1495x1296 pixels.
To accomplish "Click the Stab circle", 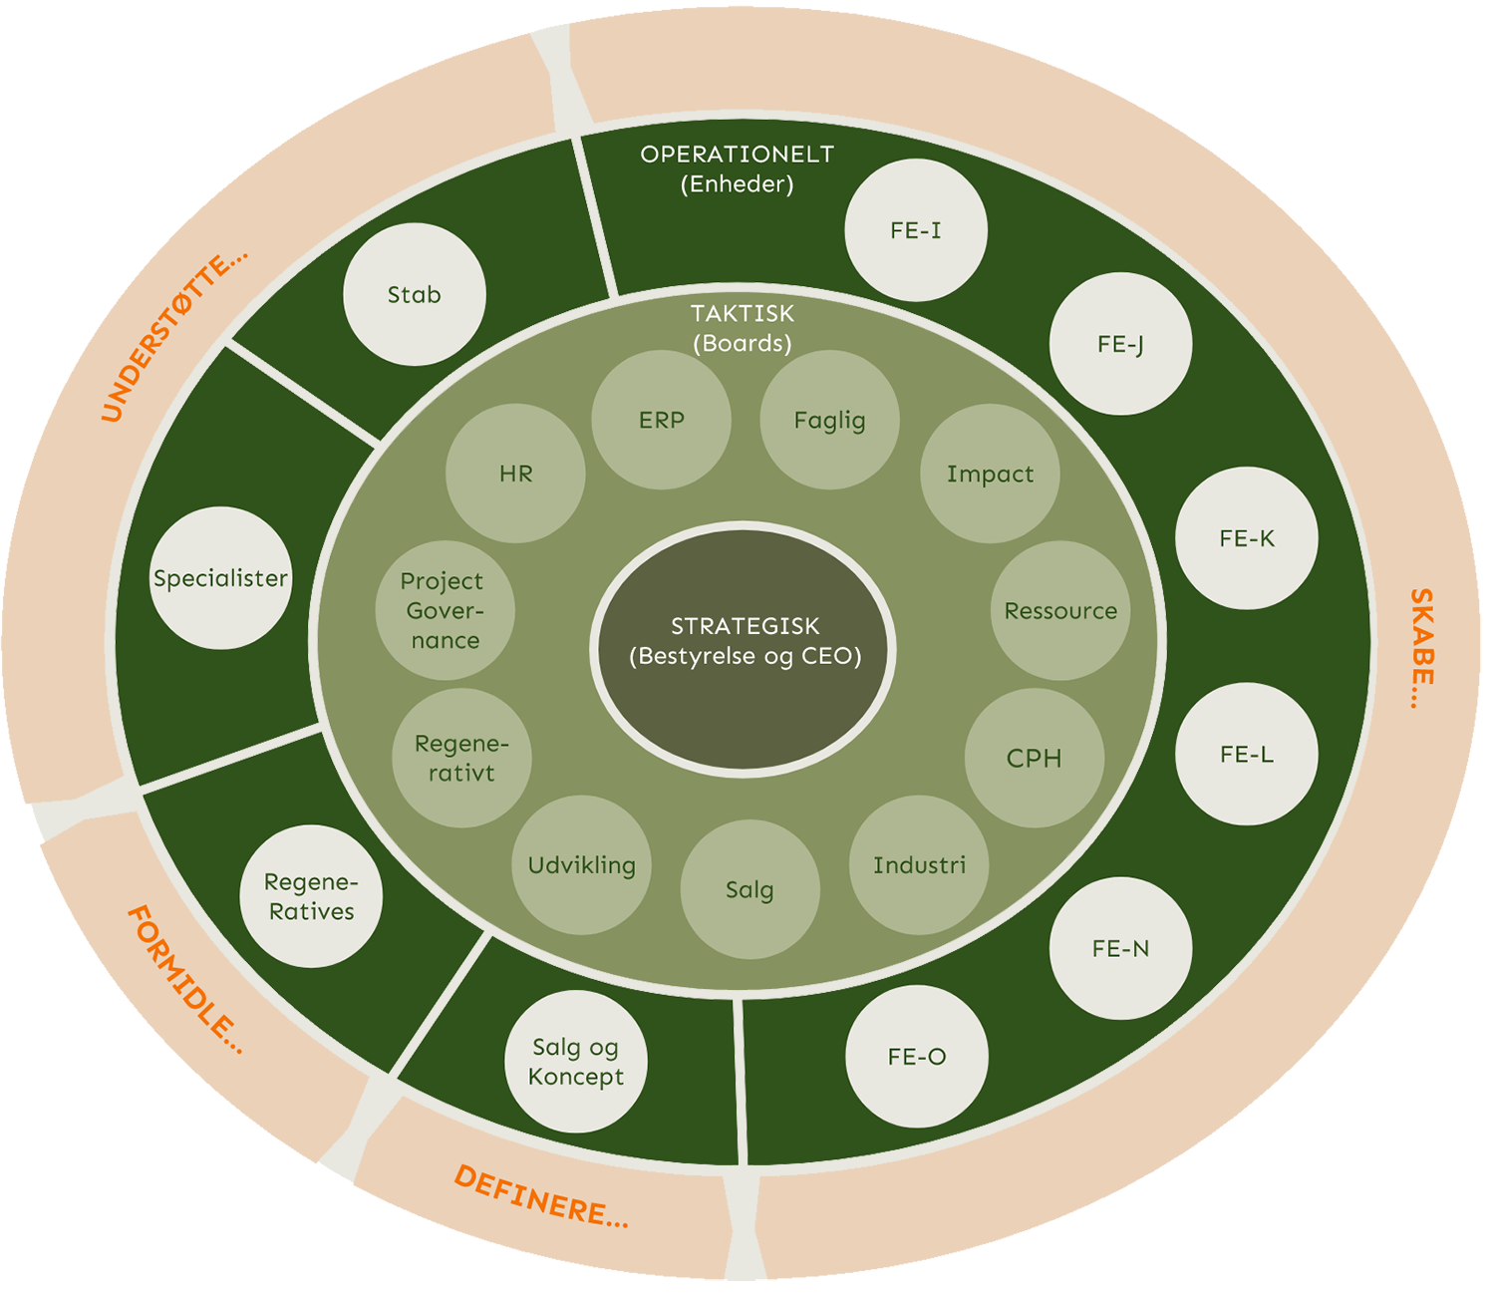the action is click(x=415, y=294).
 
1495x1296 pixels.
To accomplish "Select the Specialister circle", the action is click(x=221, y=578).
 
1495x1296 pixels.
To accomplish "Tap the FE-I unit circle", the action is click(x=916, y=230).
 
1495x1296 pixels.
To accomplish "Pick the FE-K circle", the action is click(x=1247, y=538).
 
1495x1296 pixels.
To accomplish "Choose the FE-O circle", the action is click(x=917, y=1057).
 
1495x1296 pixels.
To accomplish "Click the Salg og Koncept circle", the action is click(x=576, y=1062).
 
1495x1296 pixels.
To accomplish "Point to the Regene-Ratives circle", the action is click(x=311, y=896).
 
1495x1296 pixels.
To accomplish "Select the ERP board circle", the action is click(x=661, y=420).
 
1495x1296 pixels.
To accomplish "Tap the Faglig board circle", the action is click(x=829, y=420).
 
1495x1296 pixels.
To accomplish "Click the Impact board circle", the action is click(x=990, y=474).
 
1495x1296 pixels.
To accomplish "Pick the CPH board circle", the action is click(x=1035, y=758).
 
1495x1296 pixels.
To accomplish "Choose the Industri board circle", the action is click(x=919, y=864).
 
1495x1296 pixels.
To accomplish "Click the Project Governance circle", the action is click(x=445, y=610).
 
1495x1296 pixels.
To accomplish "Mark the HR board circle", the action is click(x=515, y=474).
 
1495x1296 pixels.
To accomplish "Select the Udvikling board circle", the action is click(x=581, y=864).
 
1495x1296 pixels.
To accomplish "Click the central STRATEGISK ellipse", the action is click(x=744, y=649).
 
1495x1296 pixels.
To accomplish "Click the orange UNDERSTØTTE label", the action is click(x=173, y=337).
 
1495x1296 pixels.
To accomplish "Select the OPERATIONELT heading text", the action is click(x=737, y=155).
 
